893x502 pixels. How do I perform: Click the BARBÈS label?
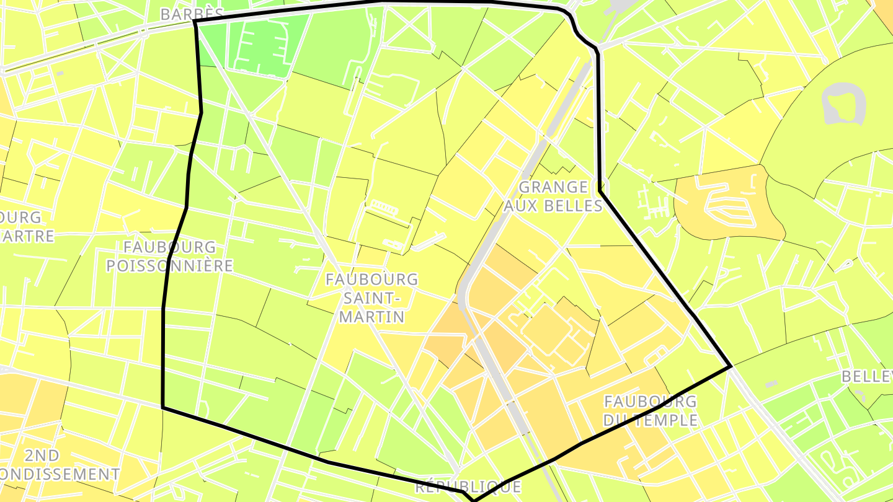pos(191,14)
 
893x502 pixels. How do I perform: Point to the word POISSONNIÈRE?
pos(169,266)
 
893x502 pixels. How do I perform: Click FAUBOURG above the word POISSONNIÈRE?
pos(169,247)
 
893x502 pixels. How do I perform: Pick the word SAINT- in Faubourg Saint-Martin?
pos(372,298)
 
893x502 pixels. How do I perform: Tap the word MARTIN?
pos(372,317)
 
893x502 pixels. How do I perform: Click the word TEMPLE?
pos(667,420)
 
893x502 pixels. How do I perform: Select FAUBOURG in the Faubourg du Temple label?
pos(650,402)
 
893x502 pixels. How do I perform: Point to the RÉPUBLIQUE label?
pos(468,487)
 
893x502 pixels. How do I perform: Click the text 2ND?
pos(42,456)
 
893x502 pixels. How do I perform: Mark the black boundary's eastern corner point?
pos(731,367)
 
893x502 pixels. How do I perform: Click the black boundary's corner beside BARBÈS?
pos(195,21)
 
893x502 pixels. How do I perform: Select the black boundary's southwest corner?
pos(162,407)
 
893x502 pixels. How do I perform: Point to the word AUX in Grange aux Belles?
pos(520,206)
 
